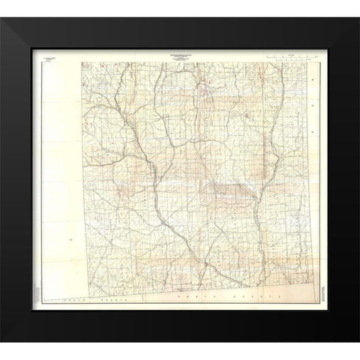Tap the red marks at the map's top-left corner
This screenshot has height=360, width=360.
84,66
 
